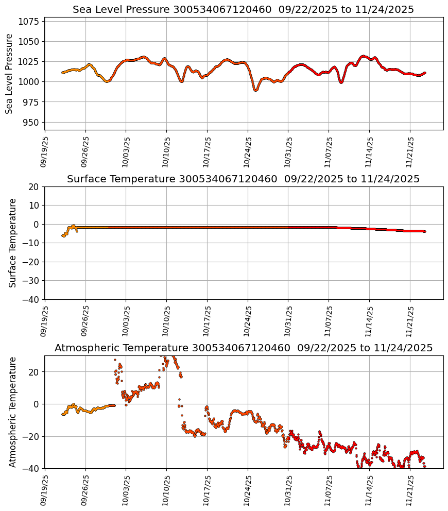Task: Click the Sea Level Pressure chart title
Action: coord(243,10)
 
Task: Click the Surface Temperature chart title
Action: coord(243,179)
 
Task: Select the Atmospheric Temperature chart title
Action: coord(243,348)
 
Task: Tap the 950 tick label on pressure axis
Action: coord(32,122)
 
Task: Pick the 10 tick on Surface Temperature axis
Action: coord(35,206)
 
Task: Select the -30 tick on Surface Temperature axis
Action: coord(32,281)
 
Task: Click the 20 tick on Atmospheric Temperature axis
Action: coord(35,372)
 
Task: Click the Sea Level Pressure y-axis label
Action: coord(10,74)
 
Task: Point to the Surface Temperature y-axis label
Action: coord(13,243)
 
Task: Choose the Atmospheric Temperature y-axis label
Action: coord(13,412)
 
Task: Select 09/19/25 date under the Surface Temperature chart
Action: coord(45,321)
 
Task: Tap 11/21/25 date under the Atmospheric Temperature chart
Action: coord(410,490)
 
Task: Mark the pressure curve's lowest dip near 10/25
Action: coord(255,90)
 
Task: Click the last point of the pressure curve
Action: coord(425,73)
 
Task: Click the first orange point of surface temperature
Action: coord(62,235)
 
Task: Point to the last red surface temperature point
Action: coord(425,232)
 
